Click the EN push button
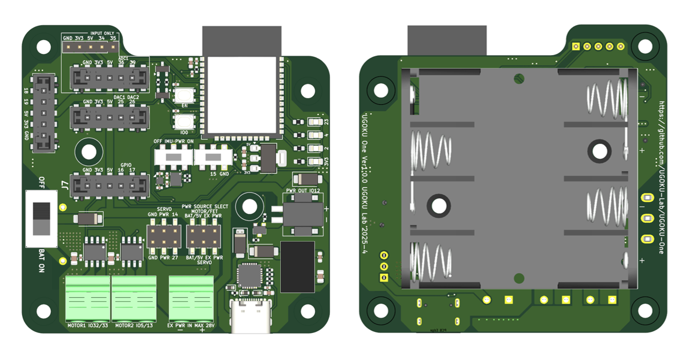(184, 95)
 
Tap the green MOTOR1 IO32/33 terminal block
(87, 298)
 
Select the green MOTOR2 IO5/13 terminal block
(134, 298)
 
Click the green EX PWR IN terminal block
(191, 298)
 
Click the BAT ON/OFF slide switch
(41, 219)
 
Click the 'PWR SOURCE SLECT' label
(205, 205)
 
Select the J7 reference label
(64, 185)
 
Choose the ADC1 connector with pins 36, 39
(110, 78)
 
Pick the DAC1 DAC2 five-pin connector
(110, 117)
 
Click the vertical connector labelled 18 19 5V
(43, 113)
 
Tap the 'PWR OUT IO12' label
(303, 190)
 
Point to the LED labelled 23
(315, 122)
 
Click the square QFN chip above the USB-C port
(249, 276)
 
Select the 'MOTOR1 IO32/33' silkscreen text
(87, 326)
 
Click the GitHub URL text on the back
(661, 177)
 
